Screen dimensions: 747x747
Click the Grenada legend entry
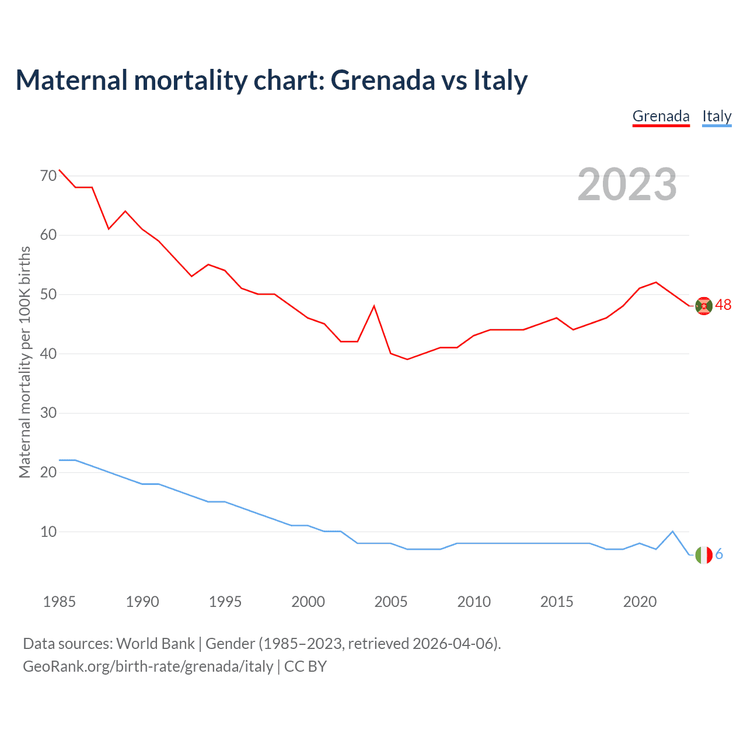[661, 117]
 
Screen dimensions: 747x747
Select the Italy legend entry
[717, 117]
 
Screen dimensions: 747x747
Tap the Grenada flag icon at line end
[704, 306]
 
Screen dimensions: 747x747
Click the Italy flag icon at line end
[704, 554]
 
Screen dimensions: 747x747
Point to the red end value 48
[723, 305]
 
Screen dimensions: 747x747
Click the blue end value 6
[719, 554]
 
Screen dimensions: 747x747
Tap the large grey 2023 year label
[627, 184]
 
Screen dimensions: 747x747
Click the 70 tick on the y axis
[49, 176]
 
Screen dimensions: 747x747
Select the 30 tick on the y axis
[49, 413]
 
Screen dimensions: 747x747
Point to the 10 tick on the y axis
[49, 532]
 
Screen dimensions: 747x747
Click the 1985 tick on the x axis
[60, 602]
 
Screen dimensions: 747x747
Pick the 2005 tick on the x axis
[391, 602]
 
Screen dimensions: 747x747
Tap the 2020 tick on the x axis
[640, 602]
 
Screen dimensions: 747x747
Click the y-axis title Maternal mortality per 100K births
[25, 362]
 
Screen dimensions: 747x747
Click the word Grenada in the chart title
[382, 80]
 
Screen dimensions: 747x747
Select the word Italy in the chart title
[500, 80]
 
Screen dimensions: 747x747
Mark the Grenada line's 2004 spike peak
[374, 306]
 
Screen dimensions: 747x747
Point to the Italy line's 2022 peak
[673, 531]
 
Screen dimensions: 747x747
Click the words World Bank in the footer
[155, 644]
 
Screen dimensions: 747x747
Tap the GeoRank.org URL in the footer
[148, 666]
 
